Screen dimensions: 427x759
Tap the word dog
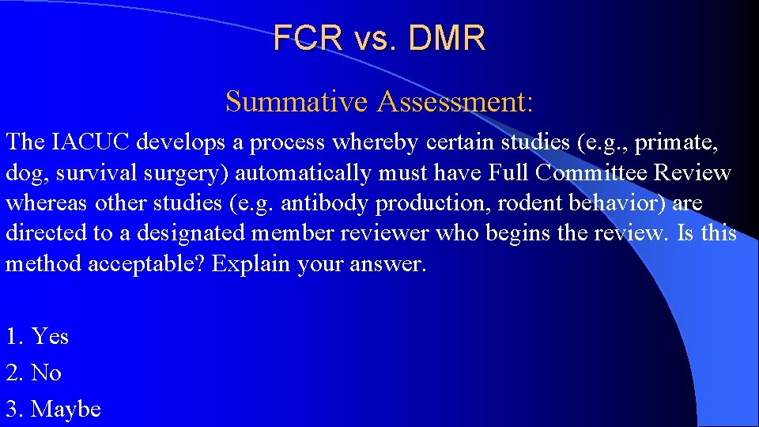(23, 173)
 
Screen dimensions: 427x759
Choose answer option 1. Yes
(37, 337)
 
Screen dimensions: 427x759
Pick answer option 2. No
(33, 372)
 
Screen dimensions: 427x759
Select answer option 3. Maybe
(53, 409)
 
